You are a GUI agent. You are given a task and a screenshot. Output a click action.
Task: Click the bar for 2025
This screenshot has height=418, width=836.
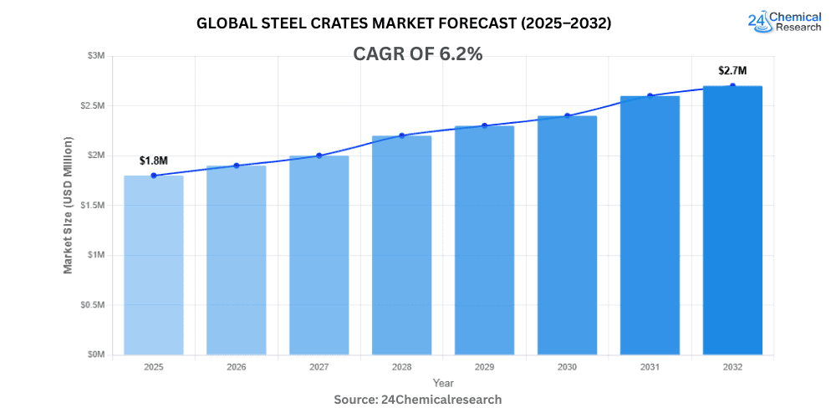tap(154, 265)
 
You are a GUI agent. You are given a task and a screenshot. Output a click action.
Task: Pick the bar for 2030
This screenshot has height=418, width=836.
tap(567, 235)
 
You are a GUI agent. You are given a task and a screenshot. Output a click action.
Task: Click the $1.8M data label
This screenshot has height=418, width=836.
tap(154, 161)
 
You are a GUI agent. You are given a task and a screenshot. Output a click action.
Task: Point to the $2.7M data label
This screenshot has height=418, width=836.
tap(732, 71)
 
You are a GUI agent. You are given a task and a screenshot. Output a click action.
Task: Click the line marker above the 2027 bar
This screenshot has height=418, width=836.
tap(319, 155)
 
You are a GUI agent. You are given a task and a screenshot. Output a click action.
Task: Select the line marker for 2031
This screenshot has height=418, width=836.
tap(650, 95)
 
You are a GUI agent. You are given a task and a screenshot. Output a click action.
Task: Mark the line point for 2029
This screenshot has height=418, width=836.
tap(484, 125)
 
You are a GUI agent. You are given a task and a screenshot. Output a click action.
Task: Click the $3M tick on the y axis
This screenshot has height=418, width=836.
tap(95, 56)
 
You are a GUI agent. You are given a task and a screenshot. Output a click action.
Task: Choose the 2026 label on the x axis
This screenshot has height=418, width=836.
tap(236, 367)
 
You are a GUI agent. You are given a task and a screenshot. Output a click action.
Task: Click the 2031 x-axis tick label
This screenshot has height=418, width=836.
tap(650, 367)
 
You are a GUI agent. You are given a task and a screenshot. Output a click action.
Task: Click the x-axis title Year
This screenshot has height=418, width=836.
tap(443, 383)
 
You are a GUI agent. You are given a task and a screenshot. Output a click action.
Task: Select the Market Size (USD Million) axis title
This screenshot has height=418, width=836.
tap(68, 205)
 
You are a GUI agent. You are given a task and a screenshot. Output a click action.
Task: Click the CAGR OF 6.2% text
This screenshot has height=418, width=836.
tap(419, 54)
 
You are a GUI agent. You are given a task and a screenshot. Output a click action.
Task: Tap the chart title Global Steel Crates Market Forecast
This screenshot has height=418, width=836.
tap(404, 23)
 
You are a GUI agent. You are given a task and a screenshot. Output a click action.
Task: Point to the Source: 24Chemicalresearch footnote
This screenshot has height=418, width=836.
tap(418, 400)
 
